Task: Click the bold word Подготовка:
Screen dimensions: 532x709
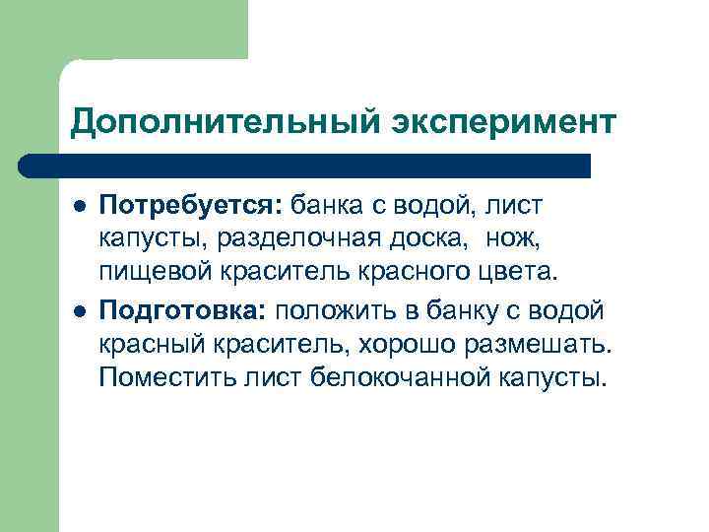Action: click(183, 311)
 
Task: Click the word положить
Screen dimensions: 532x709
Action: click(339, 311)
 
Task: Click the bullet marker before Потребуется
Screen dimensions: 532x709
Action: click(79, 207)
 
